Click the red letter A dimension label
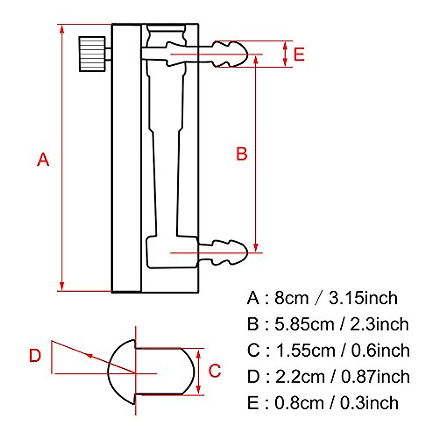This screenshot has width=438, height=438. (43, 160)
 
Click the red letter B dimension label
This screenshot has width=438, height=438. (242, 154)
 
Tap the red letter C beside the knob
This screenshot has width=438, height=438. (215, 371)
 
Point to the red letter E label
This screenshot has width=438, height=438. (299, 54)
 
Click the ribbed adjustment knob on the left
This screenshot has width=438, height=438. (92, 54)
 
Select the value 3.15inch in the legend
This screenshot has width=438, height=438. (363, 298)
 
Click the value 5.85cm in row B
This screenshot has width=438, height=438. (304, 324)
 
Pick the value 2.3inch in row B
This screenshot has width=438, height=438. (379, 324)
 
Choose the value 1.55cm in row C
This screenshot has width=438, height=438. (305, 350)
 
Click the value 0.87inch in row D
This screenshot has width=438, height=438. (375, 377)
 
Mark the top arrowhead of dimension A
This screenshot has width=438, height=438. (62, 28)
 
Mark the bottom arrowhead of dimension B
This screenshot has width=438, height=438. (256, 248)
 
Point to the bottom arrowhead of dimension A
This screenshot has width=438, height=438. (62, 287)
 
